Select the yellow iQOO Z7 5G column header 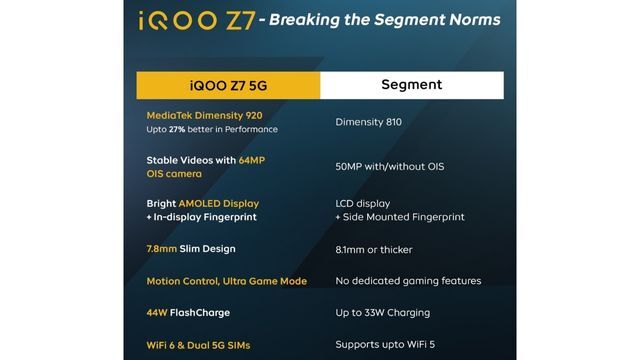[228, 85]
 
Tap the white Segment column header [411, 85]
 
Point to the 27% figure [180, 130]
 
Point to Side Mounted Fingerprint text [404, 217]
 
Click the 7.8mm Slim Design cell [191, 248]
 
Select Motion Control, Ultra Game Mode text [226, 281]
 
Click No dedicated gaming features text [408, 281]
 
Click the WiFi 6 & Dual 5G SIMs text [198, 345]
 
